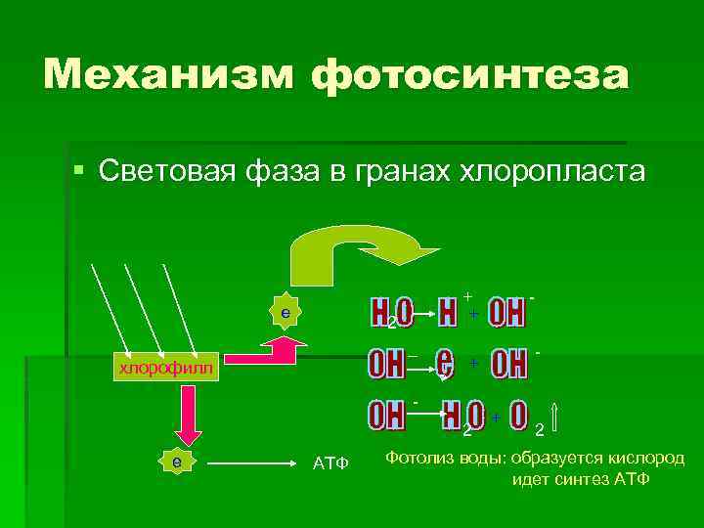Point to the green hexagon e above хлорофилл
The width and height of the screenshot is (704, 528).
click(x=284, y=312)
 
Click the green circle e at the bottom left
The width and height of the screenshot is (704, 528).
click(x=176, y=460)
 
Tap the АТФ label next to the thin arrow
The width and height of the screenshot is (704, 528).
click(x=330, y=462)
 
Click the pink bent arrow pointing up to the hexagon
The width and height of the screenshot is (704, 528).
click(x=279, y=349)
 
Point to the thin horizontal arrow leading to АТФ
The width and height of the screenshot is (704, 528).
click(x=254, y=461)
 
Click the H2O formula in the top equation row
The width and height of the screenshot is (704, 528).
click(x=391, y=313)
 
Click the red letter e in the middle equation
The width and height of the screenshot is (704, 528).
click(x=446, y=363)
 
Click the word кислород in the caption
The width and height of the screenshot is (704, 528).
click(x=643, y=459)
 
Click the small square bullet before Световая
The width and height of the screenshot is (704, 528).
click(x=79, y=172)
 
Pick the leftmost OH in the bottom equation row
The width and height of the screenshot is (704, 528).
click(x=387, y=416)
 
